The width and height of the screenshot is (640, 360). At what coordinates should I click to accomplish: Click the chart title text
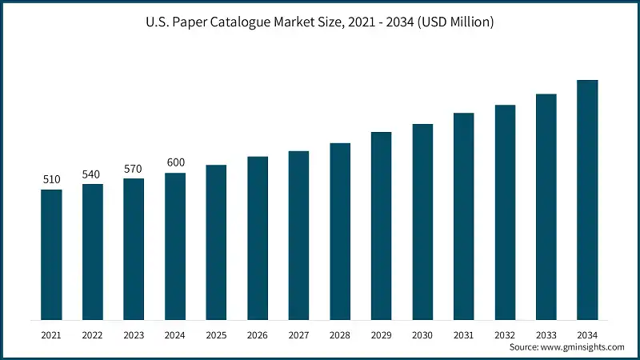pos(320,22)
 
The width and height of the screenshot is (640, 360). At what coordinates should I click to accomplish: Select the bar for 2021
pos(51,254)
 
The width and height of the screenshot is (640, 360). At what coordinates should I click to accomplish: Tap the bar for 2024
pos(175,246)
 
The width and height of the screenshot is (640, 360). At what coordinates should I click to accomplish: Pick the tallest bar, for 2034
pos(588,200)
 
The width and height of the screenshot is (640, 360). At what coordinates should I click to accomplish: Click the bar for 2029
pos(382,226)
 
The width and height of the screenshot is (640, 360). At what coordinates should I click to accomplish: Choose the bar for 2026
pos(258,238)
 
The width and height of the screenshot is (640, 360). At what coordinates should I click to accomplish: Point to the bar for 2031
pos(464,217)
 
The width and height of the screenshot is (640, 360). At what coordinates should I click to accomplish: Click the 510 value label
pos(51,179)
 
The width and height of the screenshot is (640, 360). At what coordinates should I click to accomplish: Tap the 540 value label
pos(93,174)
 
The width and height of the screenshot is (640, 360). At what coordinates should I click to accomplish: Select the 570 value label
pos(134,168)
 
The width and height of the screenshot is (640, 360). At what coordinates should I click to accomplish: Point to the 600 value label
pos(175,162)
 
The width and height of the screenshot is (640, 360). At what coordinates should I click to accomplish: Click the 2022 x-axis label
pos(93,334)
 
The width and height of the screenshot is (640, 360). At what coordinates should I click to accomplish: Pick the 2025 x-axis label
pos(216,334)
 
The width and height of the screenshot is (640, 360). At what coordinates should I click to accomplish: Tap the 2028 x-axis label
pos(340,334)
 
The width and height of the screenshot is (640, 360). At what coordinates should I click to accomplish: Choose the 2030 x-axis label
pos(422,334)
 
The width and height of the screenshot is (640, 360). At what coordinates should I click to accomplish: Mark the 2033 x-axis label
pos(546,334)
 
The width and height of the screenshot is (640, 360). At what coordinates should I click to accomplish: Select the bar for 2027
pos(299,236)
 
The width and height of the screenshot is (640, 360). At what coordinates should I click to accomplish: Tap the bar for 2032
pos(505,213)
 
